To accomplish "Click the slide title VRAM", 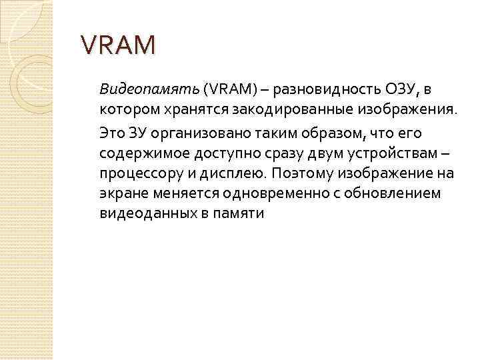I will tap(117, 45).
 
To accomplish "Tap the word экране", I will tap(122, 193).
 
